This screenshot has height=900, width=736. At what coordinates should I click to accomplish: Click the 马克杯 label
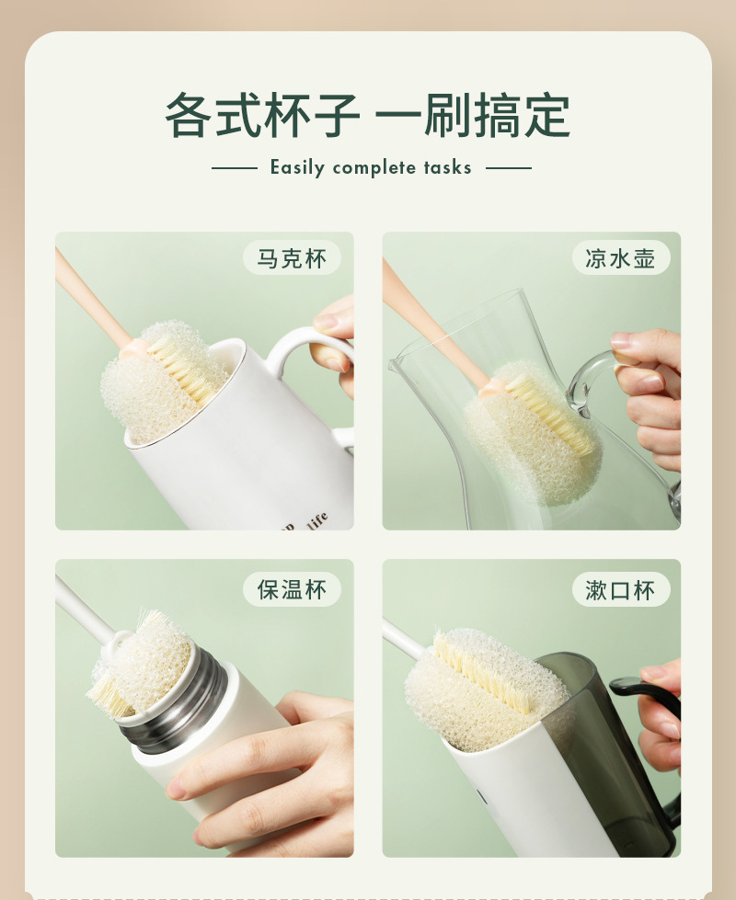[x=291, y=258]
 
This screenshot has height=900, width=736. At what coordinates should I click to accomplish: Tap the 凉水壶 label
[x=619, y=258]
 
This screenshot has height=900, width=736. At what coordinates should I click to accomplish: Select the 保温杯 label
[x=291, y=588]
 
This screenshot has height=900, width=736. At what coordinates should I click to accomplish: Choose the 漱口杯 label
[x=619, y=588]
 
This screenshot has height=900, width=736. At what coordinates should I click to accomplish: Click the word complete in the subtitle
[x=374, y=167]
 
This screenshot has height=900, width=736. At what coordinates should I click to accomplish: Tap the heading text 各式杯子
[x=262, y=116]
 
